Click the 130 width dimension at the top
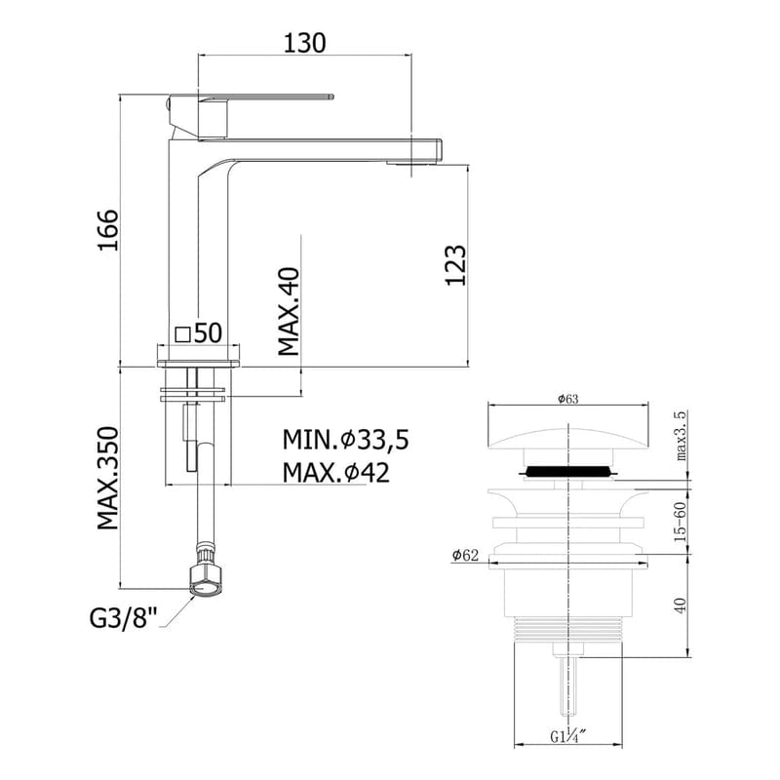(302, 43)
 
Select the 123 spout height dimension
(455, 265)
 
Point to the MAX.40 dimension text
(289, 311)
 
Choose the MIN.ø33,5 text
(345, 442)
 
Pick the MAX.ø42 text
(336, 473)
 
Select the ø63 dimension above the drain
(568, 398)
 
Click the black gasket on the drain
(569, 472)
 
